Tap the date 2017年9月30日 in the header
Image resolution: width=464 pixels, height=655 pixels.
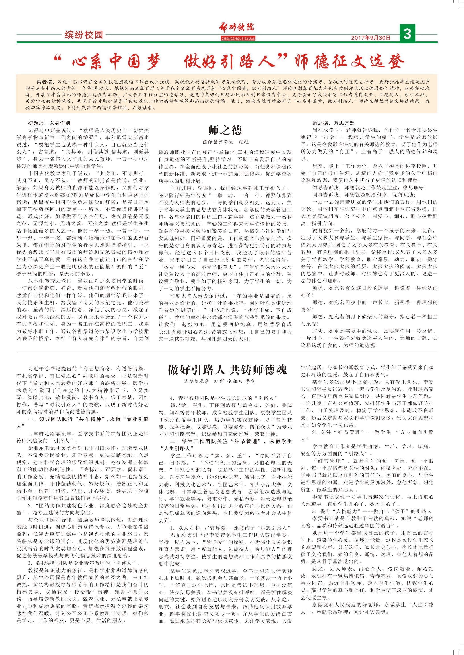click(x=371, y=38)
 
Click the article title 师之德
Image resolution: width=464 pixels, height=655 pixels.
click(x=225, y=130)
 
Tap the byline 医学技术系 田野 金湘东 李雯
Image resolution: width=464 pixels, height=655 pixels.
click(x=219, y=381)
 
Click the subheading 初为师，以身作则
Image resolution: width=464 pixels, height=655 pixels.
click(x=49, y=123)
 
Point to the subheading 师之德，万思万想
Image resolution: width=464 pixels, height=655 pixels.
click(x=333, y=123)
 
